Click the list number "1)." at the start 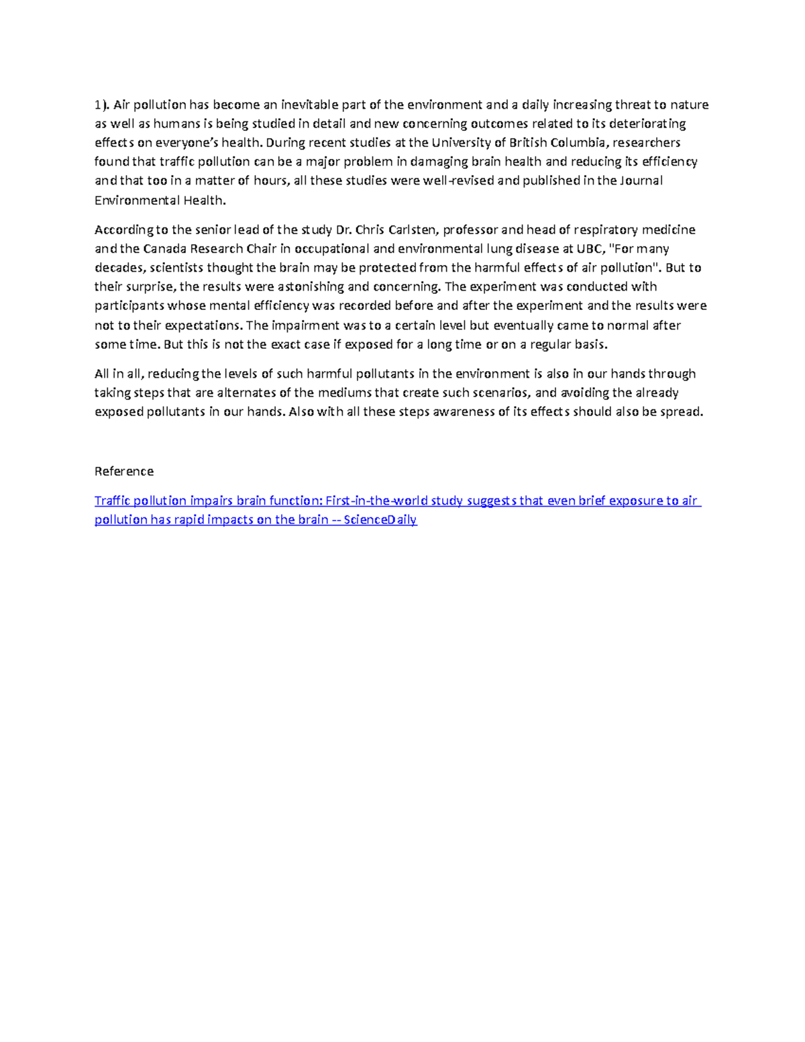101,105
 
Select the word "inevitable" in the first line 309,105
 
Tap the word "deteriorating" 647,123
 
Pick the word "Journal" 641,180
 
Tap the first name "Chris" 370,230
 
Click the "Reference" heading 124,471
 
